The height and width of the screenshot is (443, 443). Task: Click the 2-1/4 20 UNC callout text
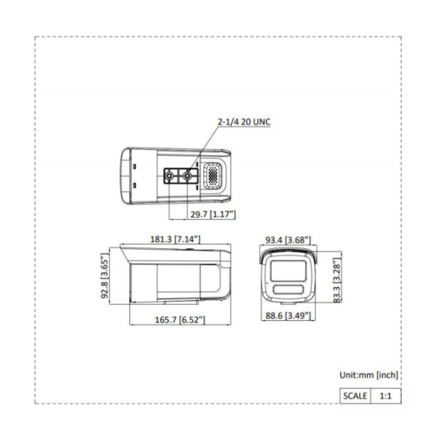[244, 122]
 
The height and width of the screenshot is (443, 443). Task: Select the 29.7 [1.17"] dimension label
[213, 214]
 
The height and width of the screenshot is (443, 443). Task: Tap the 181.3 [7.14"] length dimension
[175, 239]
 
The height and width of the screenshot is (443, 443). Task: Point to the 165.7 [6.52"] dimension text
[180, 320]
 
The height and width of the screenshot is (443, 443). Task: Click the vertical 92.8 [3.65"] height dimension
[105, 276]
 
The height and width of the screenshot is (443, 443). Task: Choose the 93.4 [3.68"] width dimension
[288, 240]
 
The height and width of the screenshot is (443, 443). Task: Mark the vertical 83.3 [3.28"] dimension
[337, 280]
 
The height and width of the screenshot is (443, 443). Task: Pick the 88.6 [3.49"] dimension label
[288, 315]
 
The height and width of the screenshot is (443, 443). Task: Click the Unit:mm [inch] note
[369, 375]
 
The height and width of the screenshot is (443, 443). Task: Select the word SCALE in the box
[355, 396]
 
